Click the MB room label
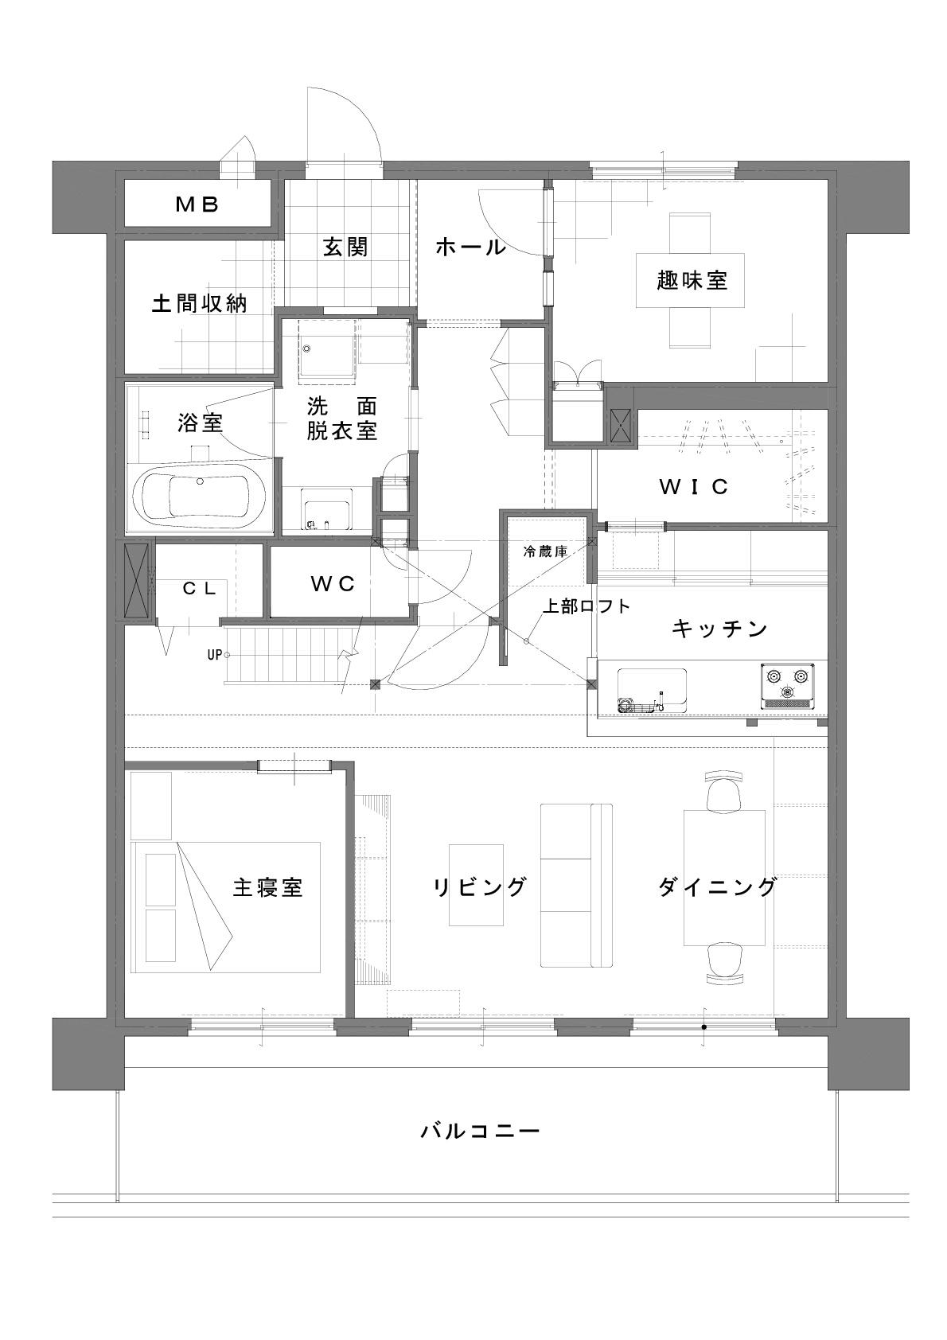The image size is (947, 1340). (x=197, y=205)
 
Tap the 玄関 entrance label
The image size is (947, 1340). (x=345, y=247)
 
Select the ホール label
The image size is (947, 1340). (x=471, y=247)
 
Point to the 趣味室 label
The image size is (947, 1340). (x=692, y=280)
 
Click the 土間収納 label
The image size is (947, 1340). (x=199, y=303)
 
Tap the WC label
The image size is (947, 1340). (x=333, y=584)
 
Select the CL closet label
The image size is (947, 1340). (x=199, y=589)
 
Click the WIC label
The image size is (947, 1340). (x=694, y=487)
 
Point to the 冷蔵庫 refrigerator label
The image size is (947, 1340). (x=545, y=551)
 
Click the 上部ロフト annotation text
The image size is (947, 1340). (x=587, y=606)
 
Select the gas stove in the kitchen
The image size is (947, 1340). (x=788, y=685)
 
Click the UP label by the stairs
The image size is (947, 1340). (x=214, y=655)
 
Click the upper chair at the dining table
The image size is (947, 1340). (x=724, y=791)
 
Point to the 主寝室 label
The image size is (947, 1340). (x=267, y=887)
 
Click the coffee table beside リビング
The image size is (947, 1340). (x=476, y=885)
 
